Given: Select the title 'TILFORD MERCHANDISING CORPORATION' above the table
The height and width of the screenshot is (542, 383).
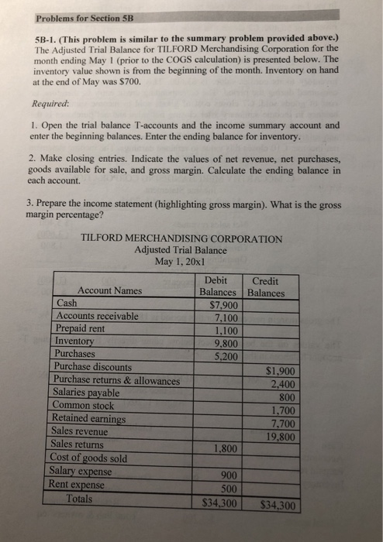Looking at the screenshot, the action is (181, 238).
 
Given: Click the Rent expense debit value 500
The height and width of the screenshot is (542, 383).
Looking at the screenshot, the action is (226, 489).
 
